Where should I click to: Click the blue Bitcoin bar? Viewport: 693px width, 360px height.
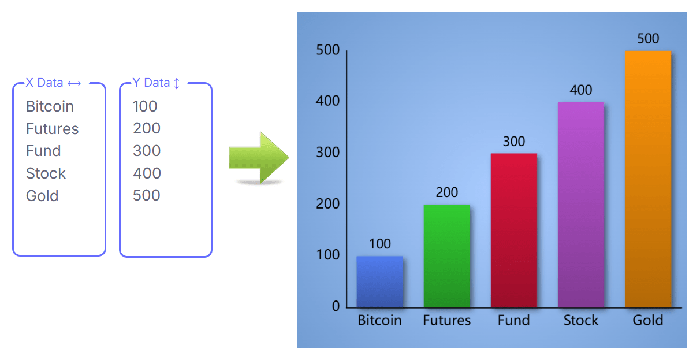tap(379, 281)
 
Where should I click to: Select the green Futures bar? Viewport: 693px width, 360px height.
tap(446, 255)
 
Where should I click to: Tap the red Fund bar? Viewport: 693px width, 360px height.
tap(513, 230)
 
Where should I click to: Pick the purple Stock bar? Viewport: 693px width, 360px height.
tap(580, 205)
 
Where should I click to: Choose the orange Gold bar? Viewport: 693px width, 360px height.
tap(647, 179)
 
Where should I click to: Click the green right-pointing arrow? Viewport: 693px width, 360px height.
tap(258, 158)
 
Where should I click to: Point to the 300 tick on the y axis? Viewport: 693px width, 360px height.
tap(329, 153)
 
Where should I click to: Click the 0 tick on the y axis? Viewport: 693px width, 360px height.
tap(336, 306)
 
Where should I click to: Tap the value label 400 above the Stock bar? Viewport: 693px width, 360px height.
tap(580, 90)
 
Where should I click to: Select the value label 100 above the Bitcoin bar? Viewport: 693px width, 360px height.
tap(379, 244)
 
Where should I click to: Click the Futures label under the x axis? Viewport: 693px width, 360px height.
tap(446, 320)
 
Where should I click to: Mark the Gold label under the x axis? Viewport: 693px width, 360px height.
tap(647, 320)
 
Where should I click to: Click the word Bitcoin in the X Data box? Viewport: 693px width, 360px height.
tap(50, 106)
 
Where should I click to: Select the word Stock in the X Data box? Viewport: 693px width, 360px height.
tap(46, 173)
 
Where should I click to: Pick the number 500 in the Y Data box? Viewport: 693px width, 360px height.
tap(146, 195)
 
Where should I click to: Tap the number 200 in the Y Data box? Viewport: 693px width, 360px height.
tap(146, 128)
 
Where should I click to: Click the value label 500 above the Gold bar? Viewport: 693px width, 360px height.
tap(647, 39)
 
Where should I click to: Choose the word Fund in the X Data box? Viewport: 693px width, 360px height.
tap(43, 151)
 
